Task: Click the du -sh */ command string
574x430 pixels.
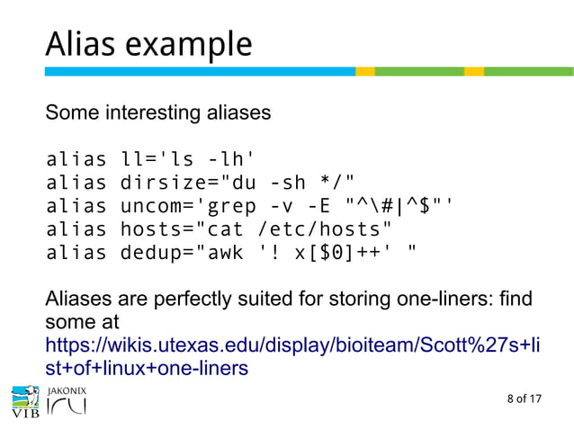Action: coord(293,184)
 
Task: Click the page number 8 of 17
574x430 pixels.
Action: coord(525,399)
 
